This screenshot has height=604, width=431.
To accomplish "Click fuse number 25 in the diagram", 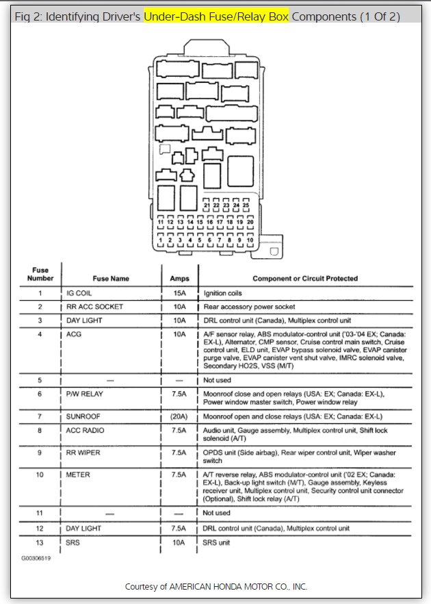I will (246, 205).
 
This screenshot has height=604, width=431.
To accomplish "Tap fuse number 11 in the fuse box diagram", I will (161, 223).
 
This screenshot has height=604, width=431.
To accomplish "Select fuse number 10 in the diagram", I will (250, 240).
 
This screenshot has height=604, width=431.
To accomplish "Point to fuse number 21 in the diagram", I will (207, 205).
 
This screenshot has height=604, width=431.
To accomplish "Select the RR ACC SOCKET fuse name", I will (95, 307).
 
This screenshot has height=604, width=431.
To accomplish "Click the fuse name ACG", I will (74, 334).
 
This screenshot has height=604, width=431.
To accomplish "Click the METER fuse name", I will (79, 475).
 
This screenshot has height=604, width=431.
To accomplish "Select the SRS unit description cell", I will (219, 543).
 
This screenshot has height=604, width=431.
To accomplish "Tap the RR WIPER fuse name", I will (84, 453).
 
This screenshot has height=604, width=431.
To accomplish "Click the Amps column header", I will (179, 279).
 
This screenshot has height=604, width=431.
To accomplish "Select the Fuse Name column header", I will (111, 279).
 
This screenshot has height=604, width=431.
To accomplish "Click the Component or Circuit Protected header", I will (305, 279).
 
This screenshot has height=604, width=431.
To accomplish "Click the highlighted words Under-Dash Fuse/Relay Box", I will (216, 16).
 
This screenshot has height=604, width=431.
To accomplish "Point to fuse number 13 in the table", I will (40, 543).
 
